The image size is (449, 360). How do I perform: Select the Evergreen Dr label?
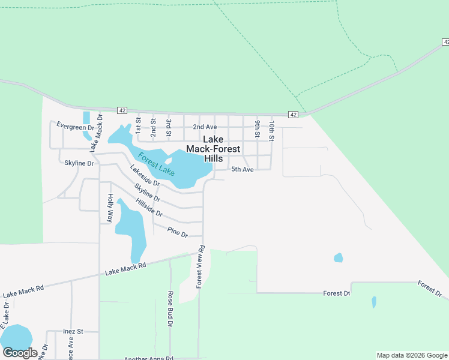76,126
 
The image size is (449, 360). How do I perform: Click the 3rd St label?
169,127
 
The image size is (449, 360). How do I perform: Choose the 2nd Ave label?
205,127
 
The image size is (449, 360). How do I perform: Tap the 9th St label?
257,128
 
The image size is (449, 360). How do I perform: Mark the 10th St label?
272,130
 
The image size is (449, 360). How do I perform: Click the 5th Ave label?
243,170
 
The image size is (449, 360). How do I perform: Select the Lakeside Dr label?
145,175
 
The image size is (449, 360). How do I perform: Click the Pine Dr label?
178,231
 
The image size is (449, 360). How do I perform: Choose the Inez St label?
73,331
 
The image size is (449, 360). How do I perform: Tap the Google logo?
19,353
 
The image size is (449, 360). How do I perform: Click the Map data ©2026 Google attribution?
411,355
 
